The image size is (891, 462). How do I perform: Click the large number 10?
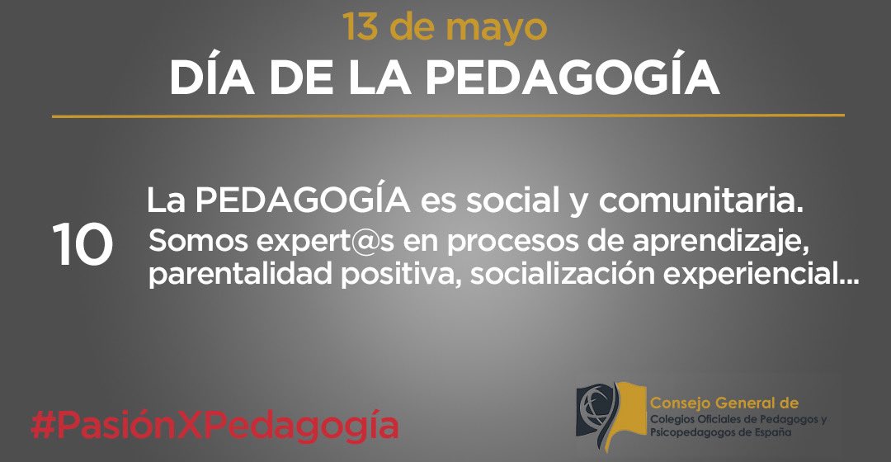click(x=82, y=246)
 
